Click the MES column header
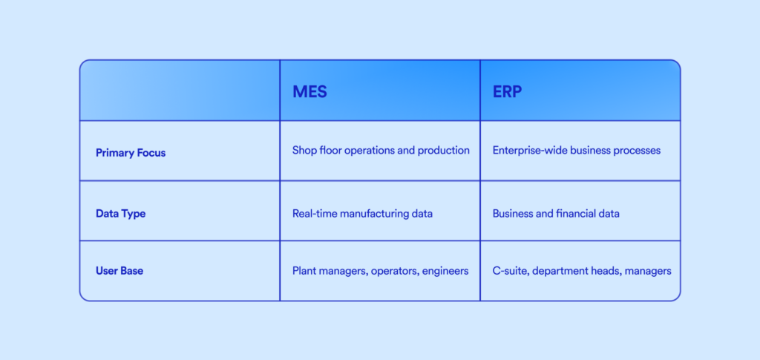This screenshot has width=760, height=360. pos(309,91)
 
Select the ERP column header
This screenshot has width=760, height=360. pos(508,91)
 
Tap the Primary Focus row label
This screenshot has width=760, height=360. pos(131,153)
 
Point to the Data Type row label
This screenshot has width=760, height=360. pos(121,214)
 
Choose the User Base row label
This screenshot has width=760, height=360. pos(119,271)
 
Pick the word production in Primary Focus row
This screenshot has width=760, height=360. pos(446,151)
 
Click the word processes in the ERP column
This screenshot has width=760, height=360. pos(637,151)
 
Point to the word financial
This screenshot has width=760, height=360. pos(574,214)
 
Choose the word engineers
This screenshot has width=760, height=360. pos(445,272)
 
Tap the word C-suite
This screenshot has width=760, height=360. pos(511,272)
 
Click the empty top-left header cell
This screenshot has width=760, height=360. pos(180,91)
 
